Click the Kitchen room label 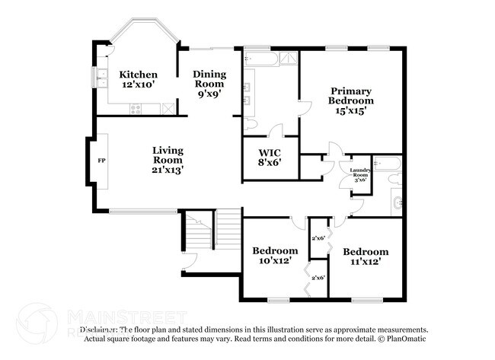point(139,75)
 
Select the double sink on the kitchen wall point(101,78)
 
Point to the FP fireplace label point(101,161)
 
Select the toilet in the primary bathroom point(252,124)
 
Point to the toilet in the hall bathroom point(393,180)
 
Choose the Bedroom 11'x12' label point(365,256)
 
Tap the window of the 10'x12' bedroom point(276,298)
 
